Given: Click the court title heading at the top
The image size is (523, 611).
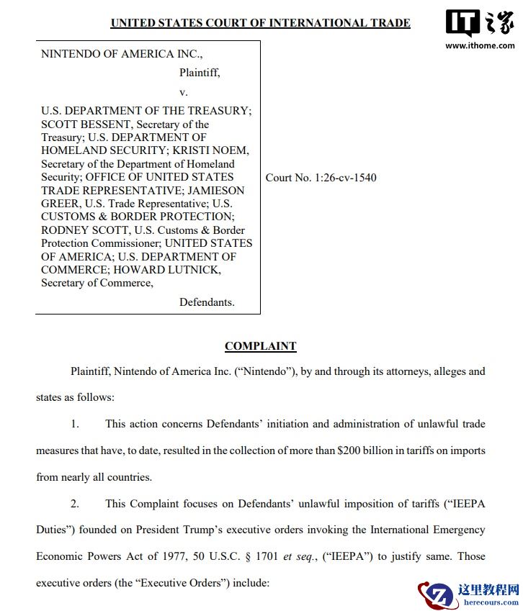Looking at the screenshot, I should (260, 23).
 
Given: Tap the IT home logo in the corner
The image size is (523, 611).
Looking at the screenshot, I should (480, 23).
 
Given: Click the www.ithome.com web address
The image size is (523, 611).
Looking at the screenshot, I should (480, 46).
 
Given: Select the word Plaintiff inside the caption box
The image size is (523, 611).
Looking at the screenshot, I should (200, 73).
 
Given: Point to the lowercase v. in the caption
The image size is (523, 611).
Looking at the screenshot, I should (183, 92).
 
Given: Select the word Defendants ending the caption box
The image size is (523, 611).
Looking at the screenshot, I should (207, 302).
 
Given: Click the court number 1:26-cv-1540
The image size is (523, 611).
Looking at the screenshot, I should (345, 178).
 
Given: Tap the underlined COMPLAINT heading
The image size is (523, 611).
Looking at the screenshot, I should (260, 346).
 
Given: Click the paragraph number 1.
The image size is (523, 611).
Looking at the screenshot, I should (75, 424).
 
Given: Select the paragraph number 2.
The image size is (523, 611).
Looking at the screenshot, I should (75, 504).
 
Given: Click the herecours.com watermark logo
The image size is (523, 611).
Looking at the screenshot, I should (468, 594).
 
